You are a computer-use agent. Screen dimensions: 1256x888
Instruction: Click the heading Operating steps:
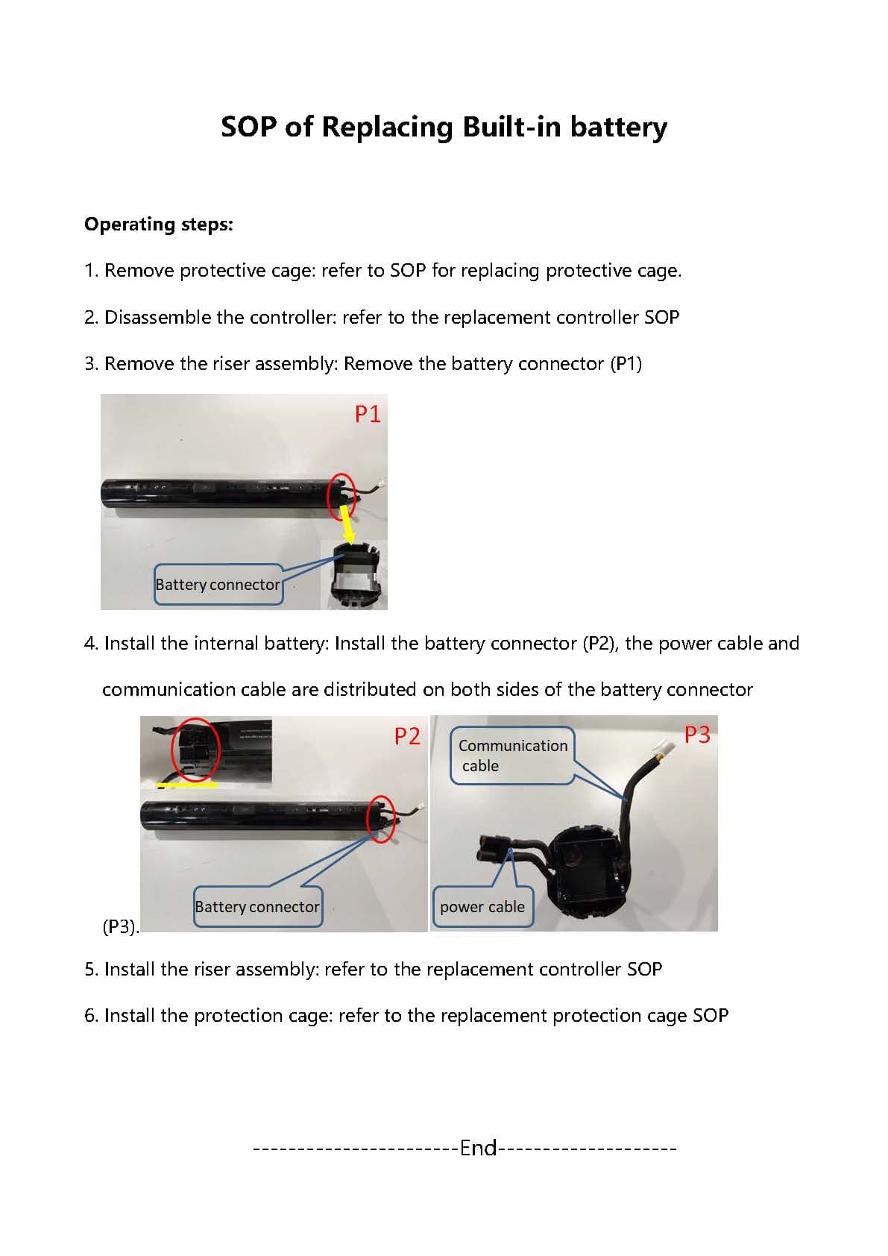coord(158,224)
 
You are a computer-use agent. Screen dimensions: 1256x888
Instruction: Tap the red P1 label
coord(368,414)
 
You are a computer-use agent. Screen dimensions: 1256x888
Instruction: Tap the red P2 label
coord(407,736)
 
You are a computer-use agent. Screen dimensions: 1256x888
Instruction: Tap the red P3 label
coord(697,735)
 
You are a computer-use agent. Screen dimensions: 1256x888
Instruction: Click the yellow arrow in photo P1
coord(347,524)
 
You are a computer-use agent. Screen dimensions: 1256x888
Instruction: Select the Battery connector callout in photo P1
coord(218,585)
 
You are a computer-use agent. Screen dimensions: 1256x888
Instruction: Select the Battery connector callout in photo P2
coord(257,907)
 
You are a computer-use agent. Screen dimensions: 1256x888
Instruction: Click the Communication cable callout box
coord(513,756)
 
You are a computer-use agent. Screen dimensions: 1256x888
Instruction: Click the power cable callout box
coord(482,907)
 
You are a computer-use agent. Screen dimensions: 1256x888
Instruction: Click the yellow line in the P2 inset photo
coord(186,785)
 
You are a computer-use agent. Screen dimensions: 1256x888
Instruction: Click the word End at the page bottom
coord(478,1147)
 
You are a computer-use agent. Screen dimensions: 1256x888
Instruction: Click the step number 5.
coord(90,970)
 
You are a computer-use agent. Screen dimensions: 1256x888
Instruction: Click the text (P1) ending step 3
coord(626,364)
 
